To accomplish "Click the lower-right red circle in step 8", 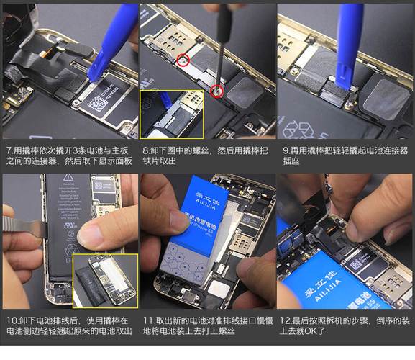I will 217,90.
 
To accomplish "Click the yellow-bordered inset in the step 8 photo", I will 171,114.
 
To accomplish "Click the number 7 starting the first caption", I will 7,151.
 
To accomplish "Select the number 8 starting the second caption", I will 145,151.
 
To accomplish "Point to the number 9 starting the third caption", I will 284,151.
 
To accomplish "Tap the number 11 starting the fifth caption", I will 147,320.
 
